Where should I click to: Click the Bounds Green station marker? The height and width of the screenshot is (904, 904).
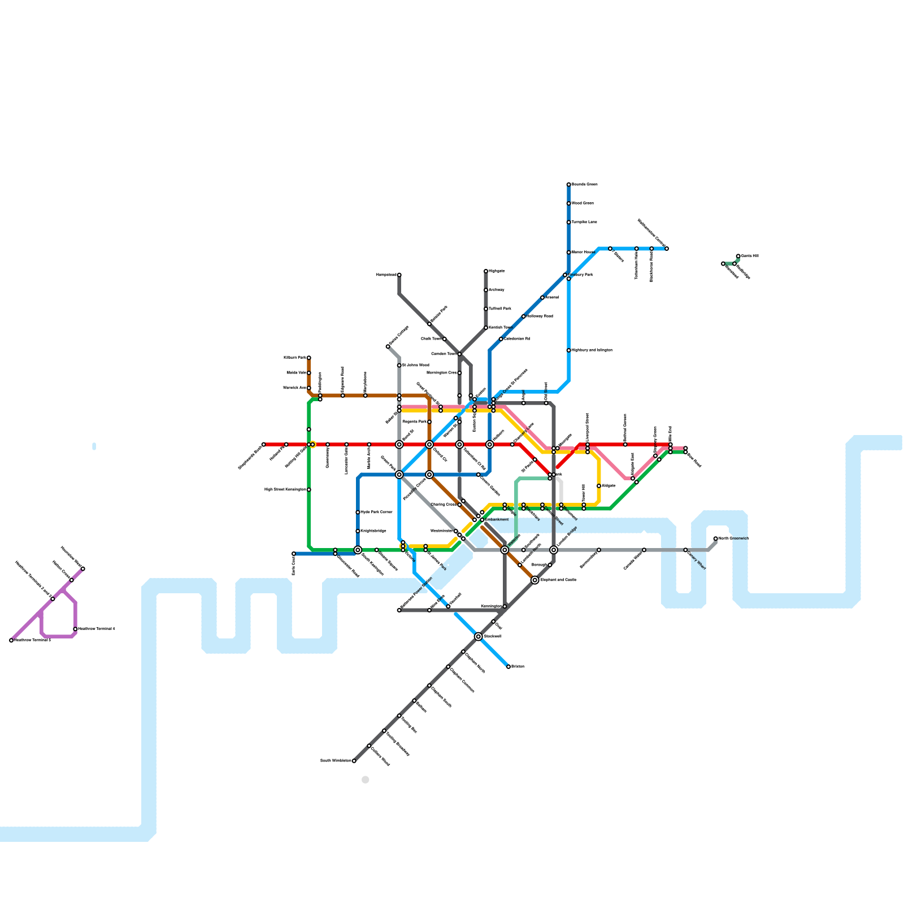tap(568, 185)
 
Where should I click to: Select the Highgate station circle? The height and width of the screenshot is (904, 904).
tap(486, 271)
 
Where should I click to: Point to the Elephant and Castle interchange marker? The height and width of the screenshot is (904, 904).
tap(534, 580)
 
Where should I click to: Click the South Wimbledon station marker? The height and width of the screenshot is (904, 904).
tap(354, 761)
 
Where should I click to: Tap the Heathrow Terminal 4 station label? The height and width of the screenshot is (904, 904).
tap(97, 629)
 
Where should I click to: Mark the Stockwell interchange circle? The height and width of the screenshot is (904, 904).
tap(479, 637)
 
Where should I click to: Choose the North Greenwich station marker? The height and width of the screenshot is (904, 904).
tap(715, 538)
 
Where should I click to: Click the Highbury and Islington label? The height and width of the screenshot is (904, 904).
tap(592, 350)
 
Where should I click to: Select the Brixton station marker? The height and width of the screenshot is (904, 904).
tap(508, 667)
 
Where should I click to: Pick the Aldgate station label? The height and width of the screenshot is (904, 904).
tap(609, 486)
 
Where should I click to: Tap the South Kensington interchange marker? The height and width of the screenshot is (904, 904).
tap(358, 550)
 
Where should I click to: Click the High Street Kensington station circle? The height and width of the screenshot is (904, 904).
tap(309, 490)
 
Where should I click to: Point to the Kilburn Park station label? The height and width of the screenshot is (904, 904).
tap(294, 358)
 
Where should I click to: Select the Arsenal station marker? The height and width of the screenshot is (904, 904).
tap(542, 298)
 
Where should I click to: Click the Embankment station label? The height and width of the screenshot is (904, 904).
tap(497, 520)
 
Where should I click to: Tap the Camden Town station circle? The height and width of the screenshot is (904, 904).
tap(459, 354)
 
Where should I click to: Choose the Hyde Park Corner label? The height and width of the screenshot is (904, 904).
tap(376, 512)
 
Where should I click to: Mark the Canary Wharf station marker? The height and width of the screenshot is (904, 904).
tap(685, 550)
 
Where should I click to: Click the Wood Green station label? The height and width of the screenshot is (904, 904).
tap(583, 203)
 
